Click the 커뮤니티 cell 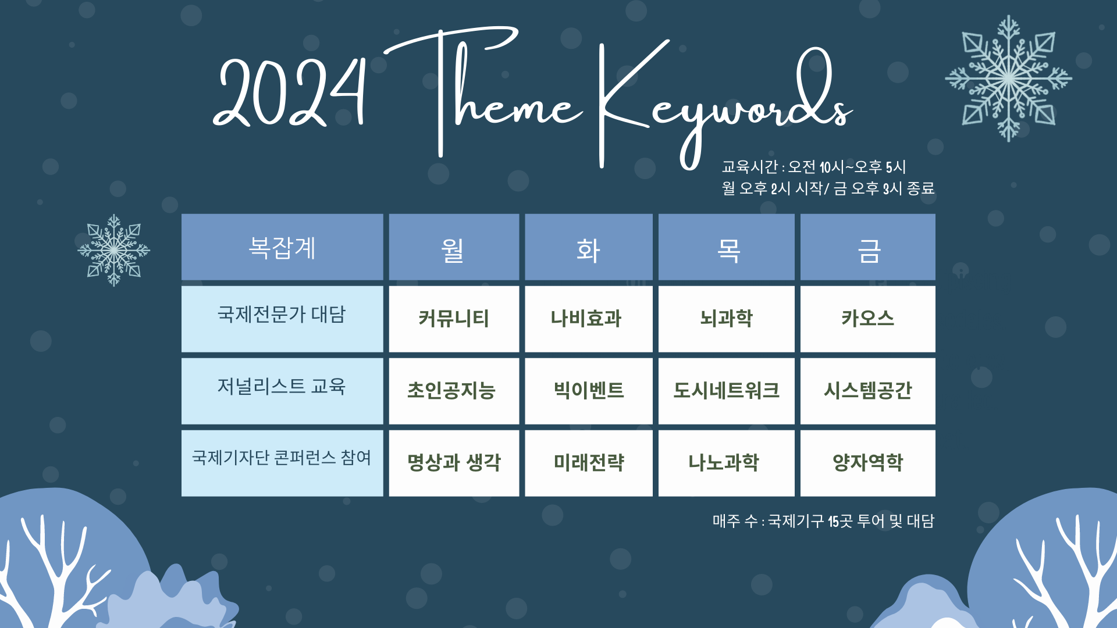click(454, 319)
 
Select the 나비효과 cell click(588, 319)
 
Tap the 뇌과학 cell click(726, 319)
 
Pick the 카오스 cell click(867, 319)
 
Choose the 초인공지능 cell click(454, 391)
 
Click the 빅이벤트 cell click(588, 391)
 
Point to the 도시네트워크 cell click(726, 391)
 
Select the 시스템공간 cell click(867, 391)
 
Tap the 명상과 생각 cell click(454, 463)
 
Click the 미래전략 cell click(588, 463)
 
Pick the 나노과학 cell click(726, 463)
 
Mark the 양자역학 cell click(867, 463)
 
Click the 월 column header click(454, 247)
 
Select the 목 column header click(726, 247)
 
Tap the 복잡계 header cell click(282, 247)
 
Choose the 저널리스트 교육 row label click(282, 391)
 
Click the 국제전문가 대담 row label click(282, 319)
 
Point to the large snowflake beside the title click(1008, 78)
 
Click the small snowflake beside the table click(114, 250)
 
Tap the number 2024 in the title click(289, 92)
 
